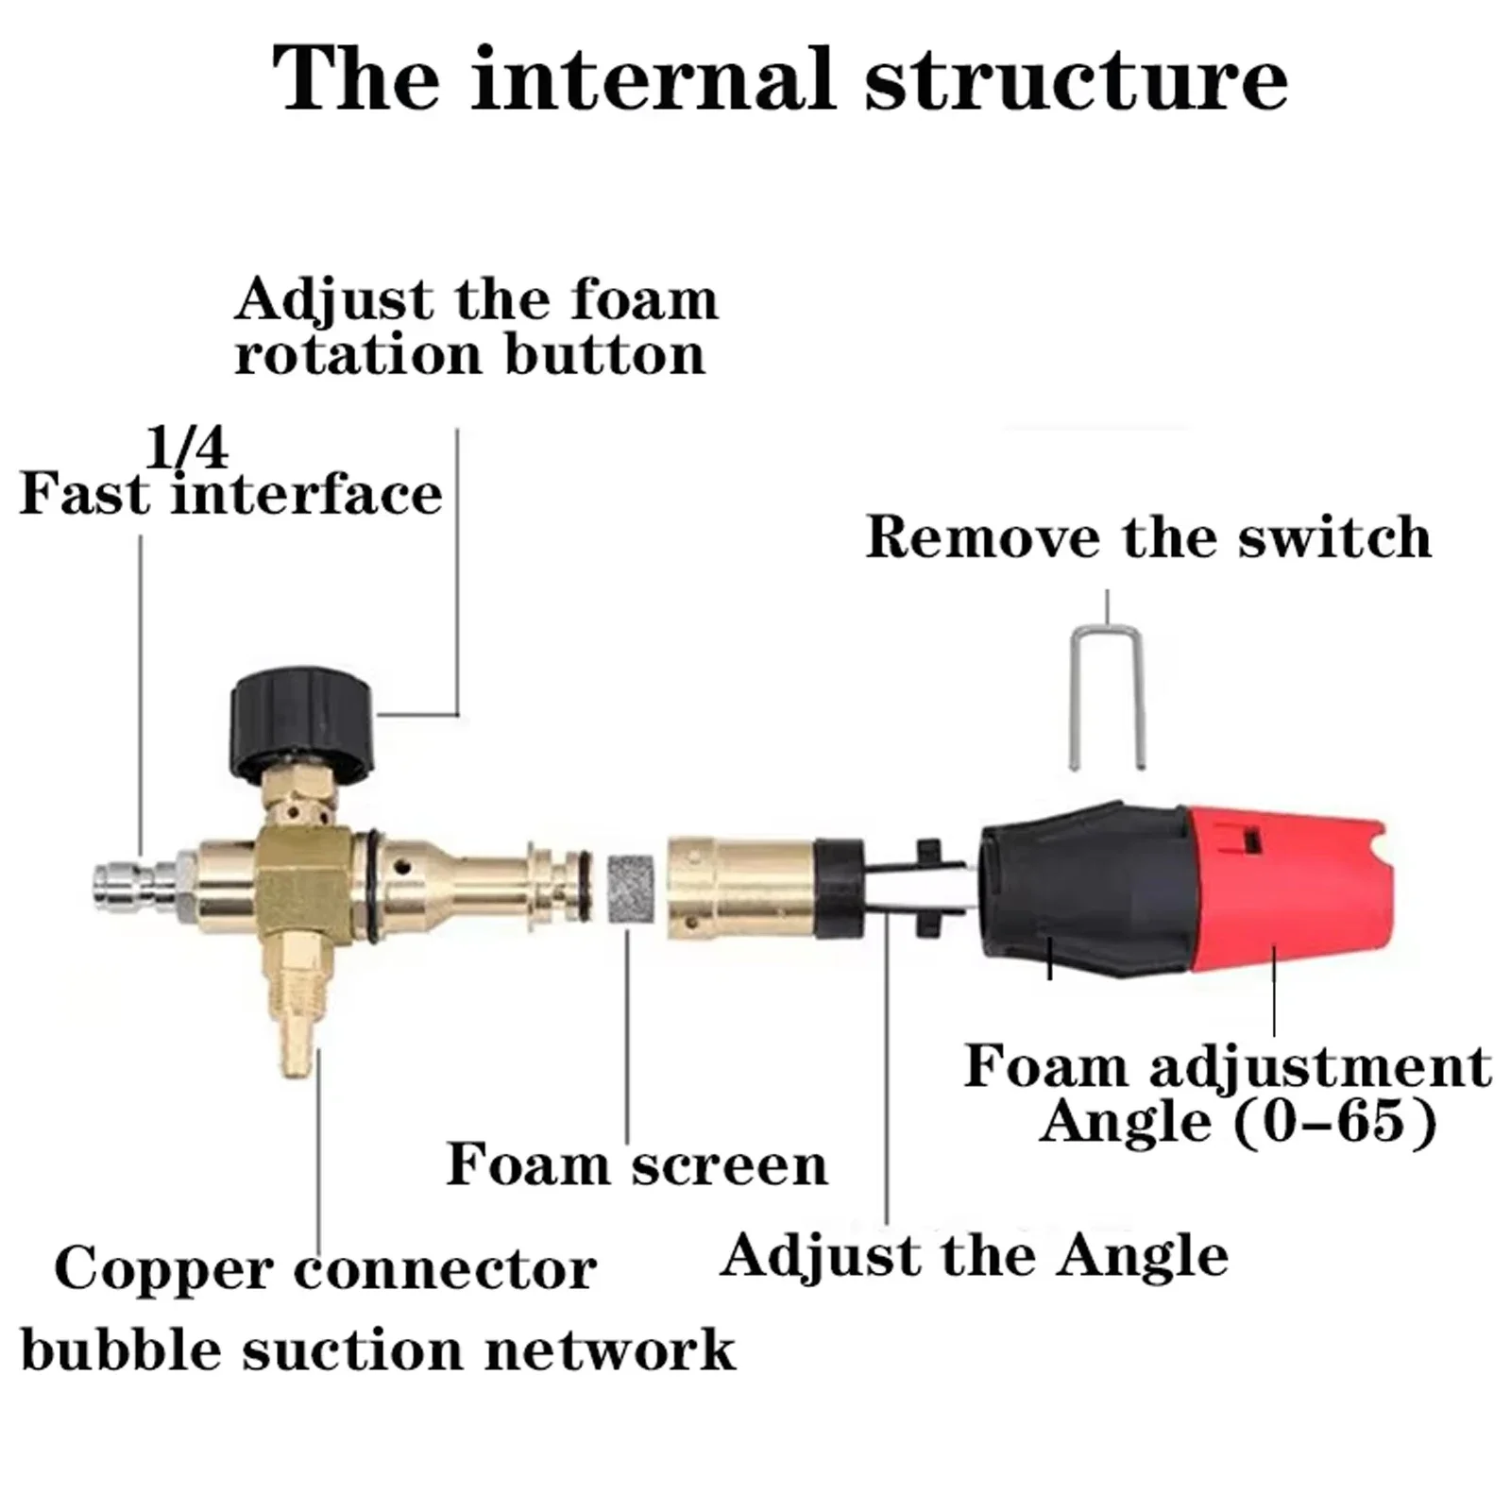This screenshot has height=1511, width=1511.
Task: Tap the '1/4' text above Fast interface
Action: coord(187,447)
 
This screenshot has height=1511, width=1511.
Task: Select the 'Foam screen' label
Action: coord(637,1164)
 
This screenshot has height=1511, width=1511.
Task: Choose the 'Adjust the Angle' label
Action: coord(974,1256)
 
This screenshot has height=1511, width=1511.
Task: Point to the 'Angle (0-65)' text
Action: coord(1238,1123)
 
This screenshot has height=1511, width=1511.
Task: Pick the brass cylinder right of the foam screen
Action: coord(742,889)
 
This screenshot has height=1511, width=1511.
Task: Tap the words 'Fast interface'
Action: coord(230,493)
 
